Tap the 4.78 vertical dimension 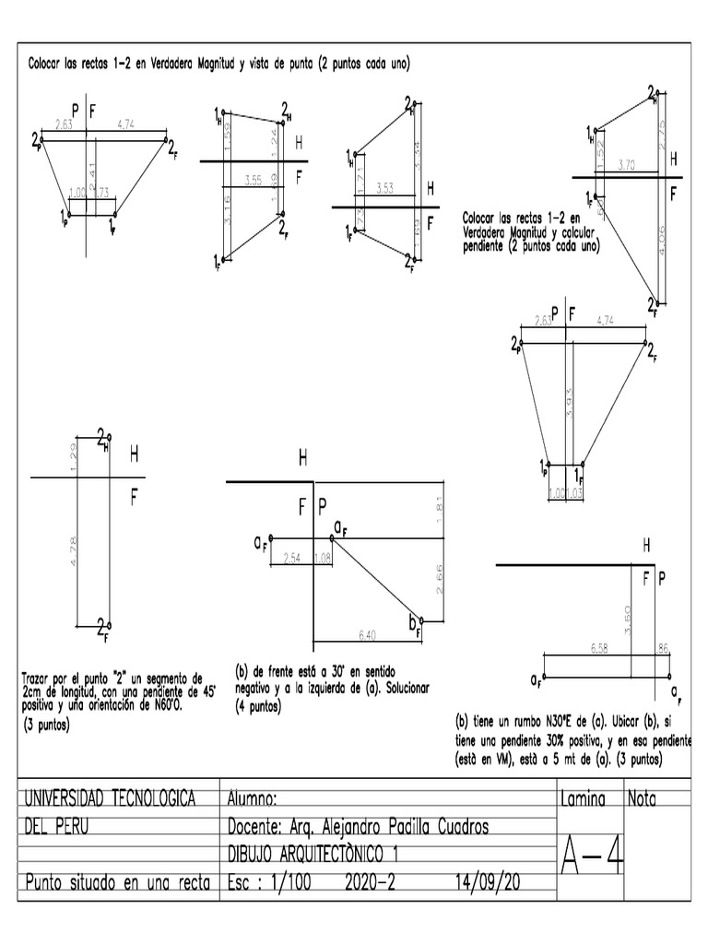pos(74,550)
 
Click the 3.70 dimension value pos(627,165)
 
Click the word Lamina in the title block pos(582,799)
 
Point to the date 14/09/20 pos(488,882)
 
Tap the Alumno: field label pos(252,799)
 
